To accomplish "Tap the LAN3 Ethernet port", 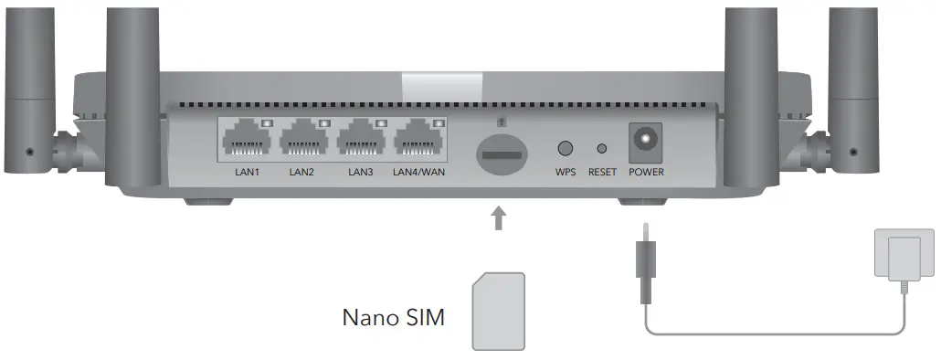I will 362,140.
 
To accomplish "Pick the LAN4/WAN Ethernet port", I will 419,140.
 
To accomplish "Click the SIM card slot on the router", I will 499,151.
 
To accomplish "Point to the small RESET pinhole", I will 601,147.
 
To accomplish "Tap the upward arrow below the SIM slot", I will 499,218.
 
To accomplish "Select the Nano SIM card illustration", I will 498,311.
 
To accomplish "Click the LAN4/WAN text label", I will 418,172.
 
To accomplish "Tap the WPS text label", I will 566,172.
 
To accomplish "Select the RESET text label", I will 602,172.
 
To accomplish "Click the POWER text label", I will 646,172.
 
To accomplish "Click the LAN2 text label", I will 301,172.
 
